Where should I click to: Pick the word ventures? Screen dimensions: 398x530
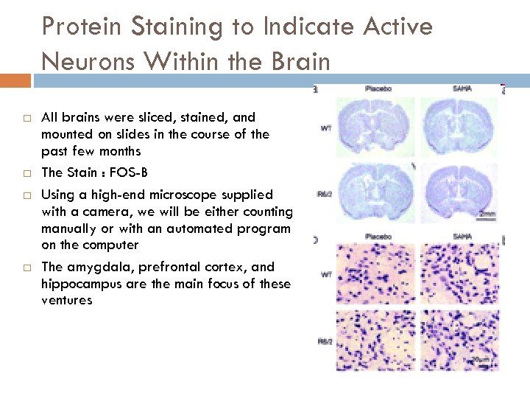67,300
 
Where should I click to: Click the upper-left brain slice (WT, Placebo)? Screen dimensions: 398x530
375,128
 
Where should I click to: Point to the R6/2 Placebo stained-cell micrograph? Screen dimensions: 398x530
375,340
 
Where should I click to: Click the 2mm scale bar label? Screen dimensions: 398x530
485,214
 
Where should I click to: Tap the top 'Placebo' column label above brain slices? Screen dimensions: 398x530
378,88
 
